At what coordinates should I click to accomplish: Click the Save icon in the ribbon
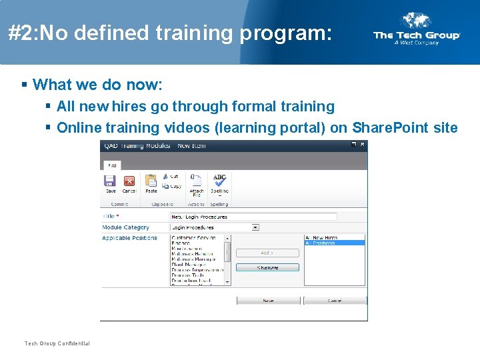[110, 181]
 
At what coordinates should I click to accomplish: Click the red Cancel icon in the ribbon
[129, 181]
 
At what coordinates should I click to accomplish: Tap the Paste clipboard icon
[151, 181]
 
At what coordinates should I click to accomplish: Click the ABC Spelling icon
[219, 180]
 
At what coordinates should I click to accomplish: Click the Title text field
[253, 217]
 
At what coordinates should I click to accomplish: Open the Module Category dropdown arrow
[255, 227]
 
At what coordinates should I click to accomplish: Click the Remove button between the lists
[267, 268]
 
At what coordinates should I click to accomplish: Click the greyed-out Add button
[267, 253]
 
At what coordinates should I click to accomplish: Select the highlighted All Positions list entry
[334, 243]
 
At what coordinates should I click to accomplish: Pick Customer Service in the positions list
[197, 238]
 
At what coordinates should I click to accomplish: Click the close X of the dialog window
[362, 145]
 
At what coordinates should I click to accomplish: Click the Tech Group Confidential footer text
[57, 343]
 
